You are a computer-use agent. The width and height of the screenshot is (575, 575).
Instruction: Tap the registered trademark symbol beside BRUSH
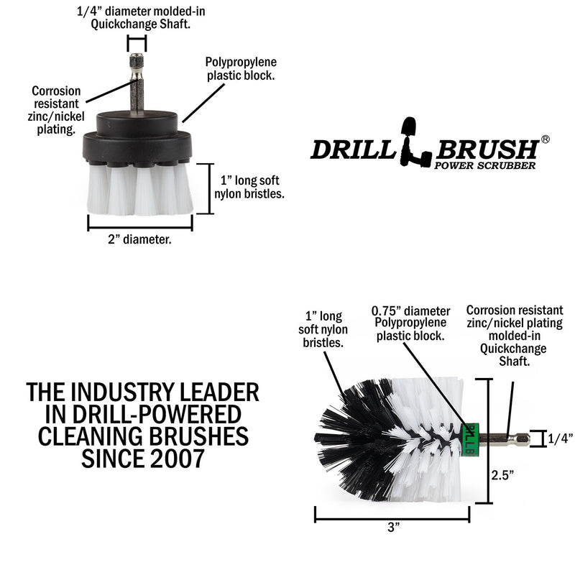click(546, 139)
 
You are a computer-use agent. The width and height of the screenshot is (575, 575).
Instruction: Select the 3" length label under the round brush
click(393, 527)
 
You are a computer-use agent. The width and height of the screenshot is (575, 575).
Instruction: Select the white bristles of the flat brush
click(140, 190)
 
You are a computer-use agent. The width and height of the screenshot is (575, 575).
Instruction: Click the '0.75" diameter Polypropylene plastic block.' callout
click(411, 323)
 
